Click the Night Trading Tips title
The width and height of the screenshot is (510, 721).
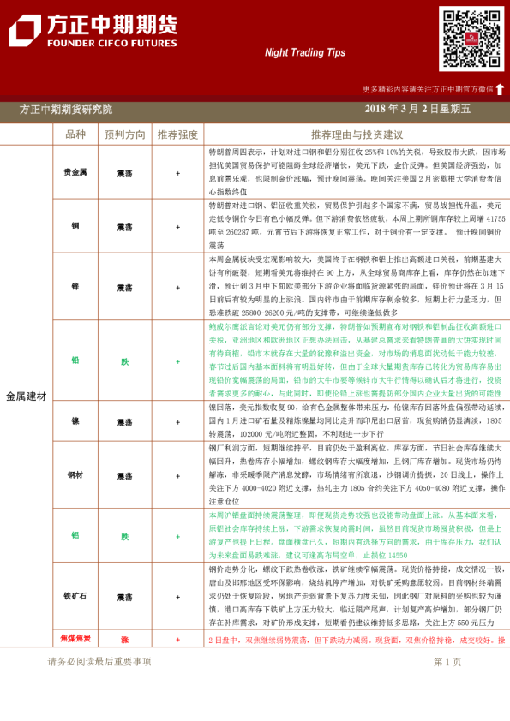tap(304, 52)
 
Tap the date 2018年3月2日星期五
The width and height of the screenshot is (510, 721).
tap(417, 109)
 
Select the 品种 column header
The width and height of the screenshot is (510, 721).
tap(75, 134)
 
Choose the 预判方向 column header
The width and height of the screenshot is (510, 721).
tap(124, 134)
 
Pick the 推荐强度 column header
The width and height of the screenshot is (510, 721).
tap(177, 134)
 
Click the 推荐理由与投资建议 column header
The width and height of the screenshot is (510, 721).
tap(357, 134)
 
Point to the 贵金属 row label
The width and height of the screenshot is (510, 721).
tap(75, 172)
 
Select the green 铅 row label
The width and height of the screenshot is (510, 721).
tap(75, 361)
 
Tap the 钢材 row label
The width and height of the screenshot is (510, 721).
tap(75, 474)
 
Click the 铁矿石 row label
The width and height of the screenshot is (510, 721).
tap(75, 596)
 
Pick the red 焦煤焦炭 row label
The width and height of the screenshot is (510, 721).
tap(75, 639)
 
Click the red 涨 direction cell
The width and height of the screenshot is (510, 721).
tap(124, 639)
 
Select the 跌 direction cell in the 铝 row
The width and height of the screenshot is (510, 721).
tap(124, 536)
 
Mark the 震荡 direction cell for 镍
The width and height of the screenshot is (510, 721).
tap(124, 422)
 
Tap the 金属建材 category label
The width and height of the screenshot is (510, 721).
tap(27, 396)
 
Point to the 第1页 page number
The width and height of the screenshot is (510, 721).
tap(447, 661)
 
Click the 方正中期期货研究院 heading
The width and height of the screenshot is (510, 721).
tap(66, 109)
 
